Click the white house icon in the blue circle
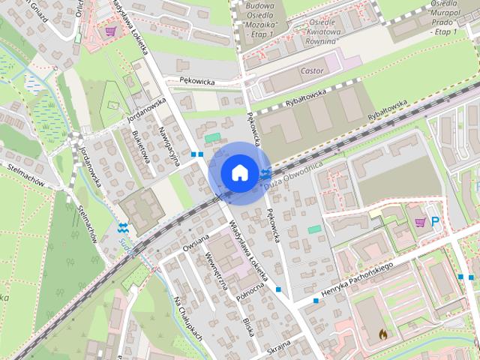pyautogui.click(x=239, y=172)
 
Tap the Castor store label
pyautogui.click(x=311, y=71)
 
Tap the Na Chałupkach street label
pyautogui.click(x=188, y=318)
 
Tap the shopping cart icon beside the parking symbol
pyautogui.click(x=420, y=221)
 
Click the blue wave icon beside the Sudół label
pyautogui.click(x=123, y=227)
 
